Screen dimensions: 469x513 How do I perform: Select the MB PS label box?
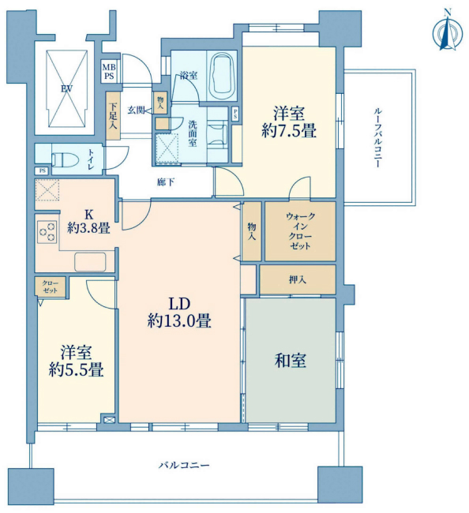(x=109, y=71)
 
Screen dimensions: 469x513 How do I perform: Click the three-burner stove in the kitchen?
(x=47, y=231)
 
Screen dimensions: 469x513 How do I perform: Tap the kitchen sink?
(x=90, y=262)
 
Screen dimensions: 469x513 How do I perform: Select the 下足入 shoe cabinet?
(x=113, y=116)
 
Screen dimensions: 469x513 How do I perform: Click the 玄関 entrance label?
(x=136, y=110)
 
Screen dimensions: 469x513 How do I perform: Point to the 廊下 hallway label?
(x=166, y=182)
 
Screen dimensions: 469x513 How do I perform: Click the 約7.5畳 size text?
(x=289, y=131)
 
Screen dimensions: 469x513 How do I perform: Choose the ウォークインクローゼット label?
(x=300, y=231)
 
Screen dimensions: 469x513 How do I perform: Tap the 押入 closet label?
(x=298, y=279)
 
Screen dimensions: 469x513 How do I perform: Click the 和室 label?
(x=291, y=361)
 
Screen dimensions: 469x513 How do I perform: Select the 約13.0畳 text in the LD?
(x=179, y=320)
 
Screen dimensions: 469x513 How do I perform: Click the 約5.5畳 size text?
(x=77, y=370)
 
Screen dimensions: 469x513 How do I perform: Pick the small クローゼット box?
(x=51, y=287)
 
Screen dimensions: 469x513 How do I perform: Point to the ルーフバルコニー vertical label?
(x=377, y=138)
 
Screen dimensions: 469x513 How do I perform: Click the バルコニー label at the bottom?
(x=184, y=465)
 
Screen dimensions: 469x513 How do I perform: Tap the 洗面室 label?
(x=193, y=133)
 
